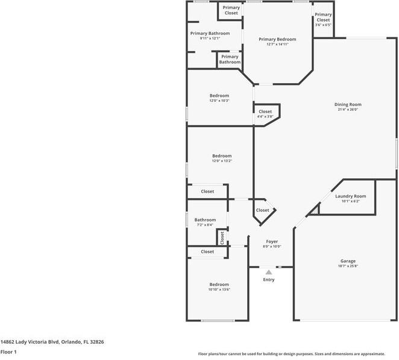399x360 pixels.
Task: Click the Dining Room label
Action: click(x=348, y=105)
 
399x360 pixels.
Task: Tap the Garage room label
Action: click(x=348, y=261)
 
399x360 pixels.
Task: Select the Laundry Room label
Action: click(x=351, y=196)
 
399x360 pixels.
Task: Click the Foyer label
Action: click(x=271, y=241)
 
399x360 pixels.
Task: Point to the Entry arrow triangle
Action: click(x=269, y=273)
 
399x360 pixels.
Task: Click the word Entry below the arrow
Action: click(x=269, y=280)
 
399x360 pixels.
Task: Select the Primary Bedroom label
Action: click(x=277, y=39)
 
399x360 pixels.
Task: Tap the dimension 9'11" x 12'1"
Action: click(x=210, y=39)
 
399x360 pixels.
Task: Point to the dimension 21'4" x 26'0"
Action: click(x=348, y=110)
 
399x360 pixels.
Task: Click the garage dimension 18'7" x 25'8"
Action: click(x=348, y=265)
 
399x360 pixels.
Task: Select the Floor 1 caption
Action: click(x=8, y=352)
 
